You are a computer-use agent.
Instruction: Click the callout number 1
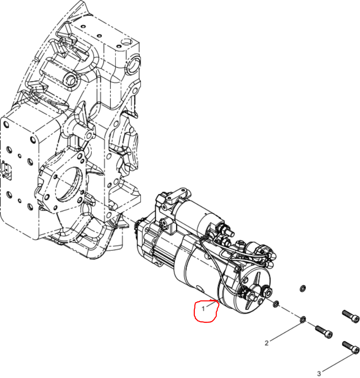[203, 309]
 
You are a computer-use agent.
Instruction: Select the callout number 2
[266, 343]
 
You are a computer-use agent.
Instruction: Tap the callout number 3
[319, 374]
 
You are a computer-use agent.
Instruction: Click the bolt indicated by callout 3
[351, 348]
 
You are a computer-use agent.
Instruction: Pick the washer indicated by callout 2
[303, 320]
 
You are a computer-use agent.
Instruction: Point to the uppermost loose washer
[303, 288]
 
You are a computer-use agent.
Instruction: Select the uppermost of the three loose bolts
[351, 316]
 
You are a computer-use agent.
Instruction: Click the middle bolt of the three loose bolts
[324, 332]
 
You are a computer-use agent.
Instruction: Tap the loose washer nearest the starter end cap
[276, 304]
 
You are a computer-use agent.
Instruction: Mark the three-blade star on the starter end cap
[253, 291]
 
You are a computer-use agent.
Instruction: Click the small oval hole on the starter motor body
[200, 288]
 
